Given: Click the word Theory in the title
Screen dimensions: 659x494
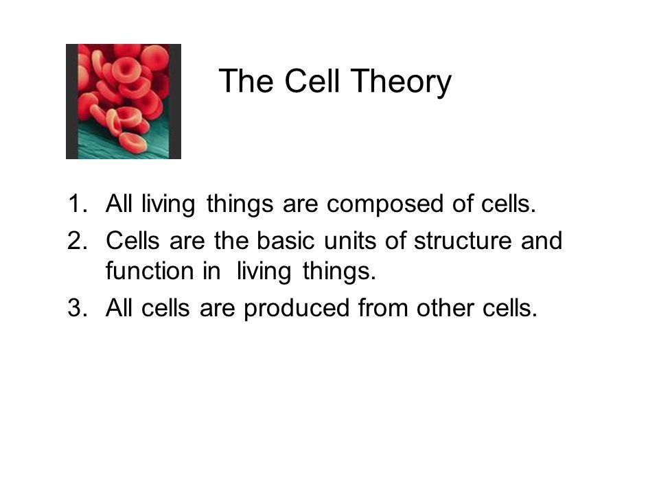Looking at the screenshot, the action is (401, 82).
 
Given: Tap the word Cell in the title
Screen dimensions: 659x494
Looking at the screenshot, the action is (312, 80).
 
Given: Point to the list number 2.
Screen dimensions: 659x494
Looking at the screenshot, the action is (78, 240).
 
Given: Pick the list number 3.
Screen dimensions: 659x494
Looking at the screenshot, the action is (78, 307).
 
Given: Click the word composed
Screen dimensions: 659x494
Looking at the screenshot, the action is (385, 204).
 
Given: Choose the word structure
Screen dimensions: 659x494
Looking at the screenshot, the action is (463, 241).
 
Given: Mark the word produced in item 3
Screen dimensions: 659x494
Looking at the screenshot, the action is (297, 308).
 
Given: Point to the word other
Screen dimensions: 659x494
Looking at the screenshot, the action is (445, 307).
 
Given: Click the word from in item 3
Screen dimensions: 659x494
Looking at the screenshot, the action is (383, 307).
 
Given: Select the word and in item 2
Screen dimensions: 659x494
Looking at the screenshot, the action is (542, 240).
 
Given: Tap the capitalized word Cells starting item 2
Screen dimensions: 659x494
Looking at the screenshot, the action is (132, 240).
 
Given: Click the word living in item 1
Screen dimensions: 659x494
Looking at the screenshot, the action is (168, 204).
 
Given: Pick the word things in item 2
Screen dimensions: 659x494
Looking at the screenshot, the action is (339, 272).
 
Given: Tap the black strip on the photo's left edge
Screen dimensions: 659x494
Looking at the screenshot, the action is (72, 102).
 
